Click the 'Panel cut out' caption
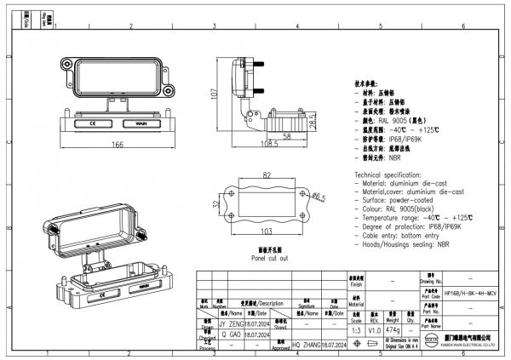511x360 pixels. click(269, 257)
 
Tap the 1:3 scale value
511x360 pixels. click(354, 329)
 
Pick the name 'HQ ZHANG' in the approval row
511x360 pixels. click(307, 345)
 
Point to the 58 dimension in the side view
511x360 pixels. click(287, 135)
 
